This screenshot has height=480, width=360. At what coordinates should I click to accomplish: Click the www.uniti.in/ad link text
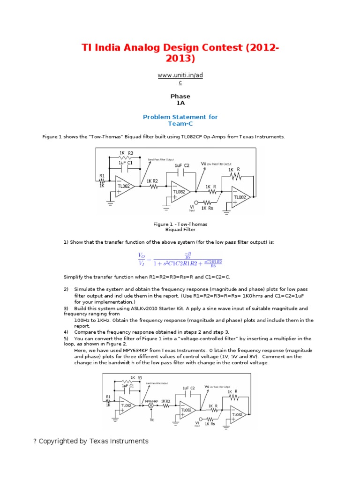click(180, 75)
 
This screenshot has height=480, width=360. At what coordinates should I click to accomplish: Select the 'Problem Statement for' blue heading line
click(180, 117)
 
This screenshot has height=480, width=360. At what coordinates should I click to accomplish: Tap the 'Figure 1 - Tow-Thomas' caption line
click(180, 224)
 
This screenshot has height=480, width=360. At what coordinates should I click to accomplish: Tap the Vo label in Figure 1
click(203, 164)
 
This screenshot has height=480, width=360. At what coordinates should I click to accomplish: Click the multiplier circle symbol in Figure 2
click(151, 406)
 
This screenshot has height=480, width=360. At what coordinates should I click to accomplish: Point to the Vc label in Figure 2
click(152, 420)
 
